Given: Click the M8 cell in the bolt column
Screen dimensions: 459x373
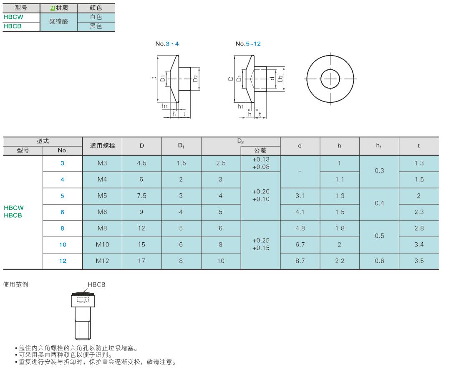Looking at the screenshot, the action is coord(102,228).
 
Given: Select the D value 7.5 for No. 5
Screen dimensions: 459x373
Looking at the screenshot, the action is coord(142,196).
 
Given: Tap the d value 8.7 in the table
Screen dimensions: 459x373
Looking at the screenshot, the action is coord(300,261).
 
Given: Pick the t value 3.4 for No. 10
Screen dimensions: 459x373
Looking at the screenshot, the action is coord(419,244).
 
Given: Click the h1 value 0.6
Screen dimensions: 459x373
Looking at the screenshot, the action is coord(379,261).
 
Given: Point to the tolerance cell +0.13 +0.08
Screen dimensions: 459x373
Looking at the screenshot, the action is coord(261,163).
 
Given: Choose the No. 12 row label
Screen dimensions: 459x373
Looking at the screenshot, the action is coord(63,261).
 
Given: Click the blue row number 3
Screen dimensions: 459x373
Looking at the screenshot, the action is coord(62,163).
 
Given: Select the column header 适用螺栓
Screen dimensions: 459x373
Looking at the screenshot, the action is coord(103,146).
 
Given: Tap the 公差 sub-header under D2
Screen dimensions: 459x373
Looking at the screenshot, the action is coord(260,150).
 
